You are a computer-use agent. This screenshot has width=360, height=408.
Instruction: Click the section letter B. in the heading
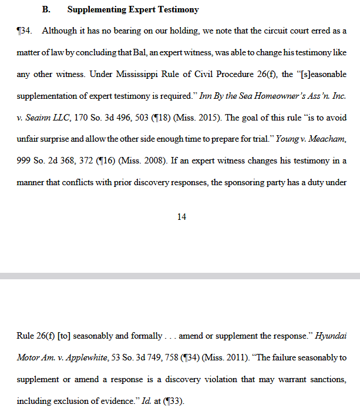pos(46,10)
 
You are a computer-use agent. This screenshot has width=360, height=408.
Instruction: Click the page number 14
pos(181,217)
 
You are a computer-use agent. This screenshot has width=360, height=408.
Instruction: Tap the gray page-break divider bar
pos(180,275)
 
